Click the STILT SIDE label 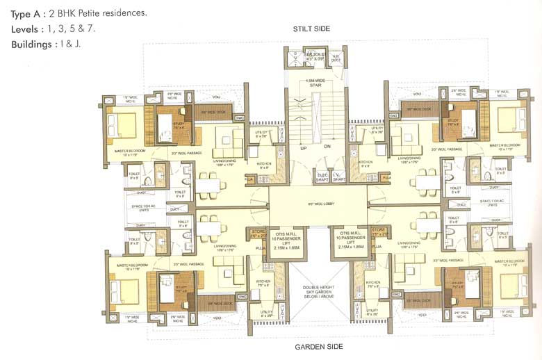[311, 28]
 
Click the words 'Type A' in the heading [26, 13]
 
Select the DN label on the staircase [326, 148]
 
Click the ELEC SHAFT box [322, 177]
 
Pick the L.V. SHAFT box [338, 177]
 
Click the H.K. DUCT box [336, 58]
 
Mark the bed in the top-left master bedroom [124, 125]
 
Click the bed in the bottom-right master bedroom [512, 283]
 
